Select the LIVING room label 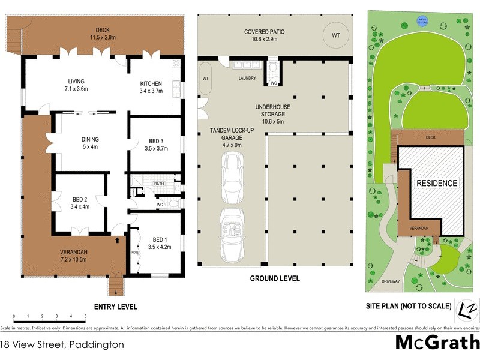tap(76, 82)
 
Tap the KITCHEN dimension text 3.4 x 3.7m tap(151, 91)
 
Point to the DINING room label tap(90, 138)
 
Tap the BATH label tap(159, 184)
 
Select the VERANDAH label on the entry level tap(74, 251)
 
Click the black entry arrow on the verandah tap(118, 239)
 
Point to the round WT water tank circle tap(335, 35)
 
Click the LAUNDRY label tap(247, 78)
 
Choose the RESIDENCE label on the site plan tap(437, 183)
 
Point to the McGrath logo tap(437, 343)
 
